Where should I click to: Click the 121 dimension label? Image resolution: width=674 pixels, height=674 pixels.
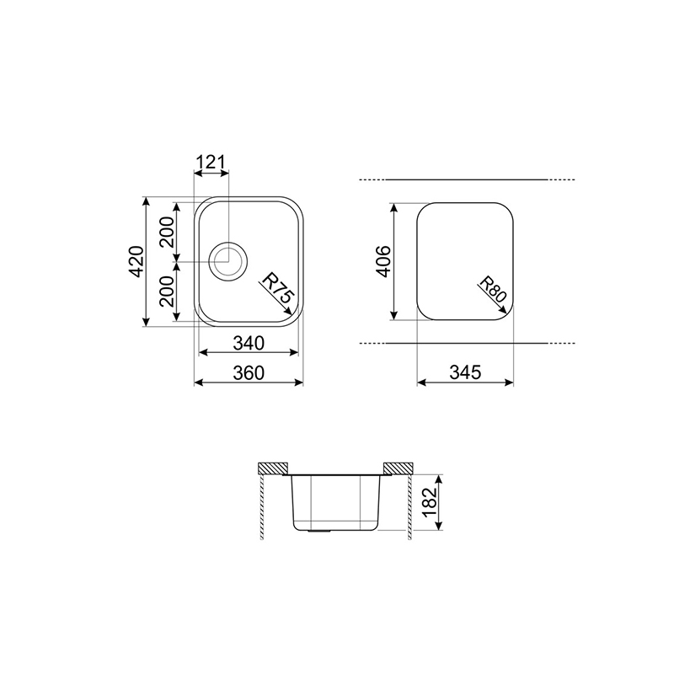pos(211,162)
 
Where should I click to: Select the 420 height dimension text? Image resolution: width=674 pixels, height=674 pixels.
pos(136,261)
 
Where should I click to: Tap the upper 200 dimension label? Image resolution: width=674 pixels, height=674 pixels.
pos(167,232)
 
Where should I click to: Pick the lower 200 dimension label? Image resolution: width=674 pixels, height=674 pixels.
pos(167,291)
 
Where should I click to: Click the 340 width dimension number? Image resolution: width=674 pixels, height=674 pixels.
pos(249,344)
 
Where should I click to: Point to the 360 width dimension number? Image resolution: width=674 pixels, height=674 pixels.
pos(249,372)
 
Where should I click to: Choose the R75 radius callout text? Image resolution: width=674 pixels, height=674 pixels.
pos(278,289)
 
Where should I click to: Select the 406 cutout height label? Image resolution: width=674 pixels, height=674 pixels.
pos(383,261)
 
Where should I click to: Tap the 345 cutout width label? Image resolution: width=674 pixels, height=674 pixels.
pos(465,372)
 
